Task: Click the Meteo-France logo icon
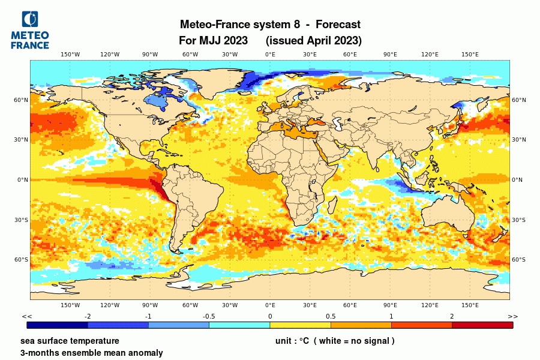29,20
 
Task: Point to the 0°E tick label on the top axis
270,55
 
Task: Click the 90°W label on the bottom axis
150,305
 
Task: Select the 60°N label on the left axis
22,100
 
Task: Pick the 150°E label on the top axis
470,55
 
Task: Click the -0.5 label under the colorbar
209,316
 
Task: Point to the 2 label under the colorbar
452,316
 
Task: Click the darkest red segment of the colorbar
482,325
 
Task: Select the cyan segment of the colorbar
239,325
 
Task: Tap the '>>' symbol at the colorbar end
513,316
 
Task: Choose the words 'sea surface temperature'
70,341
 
